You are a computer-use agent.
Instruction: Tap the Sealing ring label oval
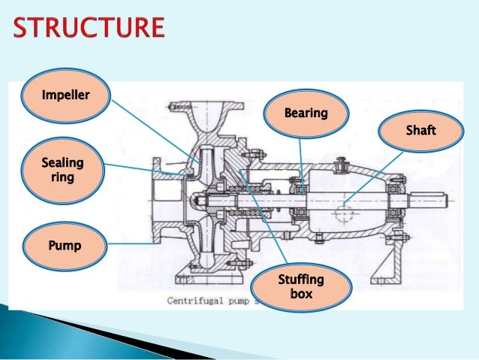[63, 170]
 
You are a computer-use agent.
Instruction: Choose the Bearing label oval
[306, 114]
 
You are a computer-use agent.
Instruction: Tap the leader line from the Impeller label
[154, 127]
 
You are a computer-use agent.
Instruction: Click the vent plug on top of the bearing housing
[342, 160]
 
